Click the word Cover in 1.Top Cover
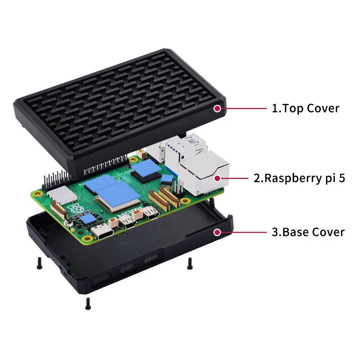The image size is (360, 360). click(x=323, y=108)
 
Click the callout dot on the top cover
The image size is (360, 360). click(x=217, y=108)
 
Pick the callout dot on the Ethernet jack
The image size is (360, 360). click(x=217, y=178)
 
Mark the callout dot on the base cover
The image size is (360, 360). click(x=217, y=232)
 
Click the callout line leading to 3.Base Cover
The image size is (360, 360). click(x=244, y=232)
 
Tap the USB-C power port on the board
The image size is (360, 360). click(x=102, y=231)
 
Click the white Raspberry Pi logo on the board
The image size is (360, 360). click(x=75, y=208)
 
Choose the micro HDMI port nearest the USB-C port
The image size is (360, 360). click(x=127, y=222)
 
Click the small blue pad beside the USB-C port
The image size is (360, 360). click(x=89, y=220)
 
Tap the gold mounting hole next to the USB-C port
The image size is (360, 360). click(x=87, y=238)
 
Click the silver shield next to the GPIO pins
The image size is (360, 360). click(x=62, y=194)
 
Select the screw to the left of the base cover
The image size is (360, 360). click(x=40, y=263)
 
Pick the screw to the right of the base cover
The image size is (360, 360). click(x=190, y=264)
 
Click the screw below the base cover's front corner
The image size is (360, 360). click(x=88, y=303)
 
